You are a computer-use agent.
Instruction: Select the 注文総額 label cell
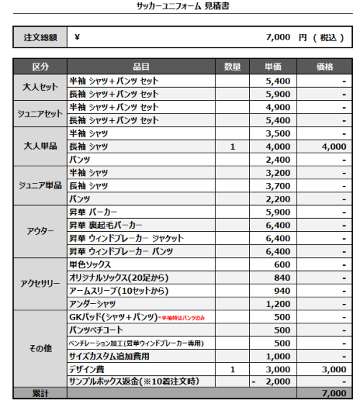(40, 37)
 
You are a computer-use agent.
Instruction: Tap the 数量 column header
(232, 67)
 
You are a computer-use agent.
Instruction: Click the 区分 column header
(40, 67)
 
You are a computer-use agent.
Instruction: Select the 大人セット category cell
(40, 87)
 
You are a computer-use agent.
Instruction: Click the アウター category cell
(40, 231)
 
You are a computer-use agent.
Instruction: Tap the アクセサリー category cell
(40, 283)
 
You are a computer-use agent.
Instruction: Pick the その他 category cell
(40, 349)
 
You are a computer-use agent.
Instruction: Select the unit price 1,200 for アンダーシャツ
(278, 303)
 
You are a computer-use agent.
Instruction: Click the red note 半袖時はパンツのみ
(181, 317)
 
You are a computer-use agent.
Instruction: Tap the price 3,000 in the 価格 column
(333, 369)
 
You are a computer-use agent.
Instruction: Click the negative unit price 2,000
(278, 381)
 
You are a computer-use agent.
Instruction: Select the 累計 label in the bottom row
(40, 393)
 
